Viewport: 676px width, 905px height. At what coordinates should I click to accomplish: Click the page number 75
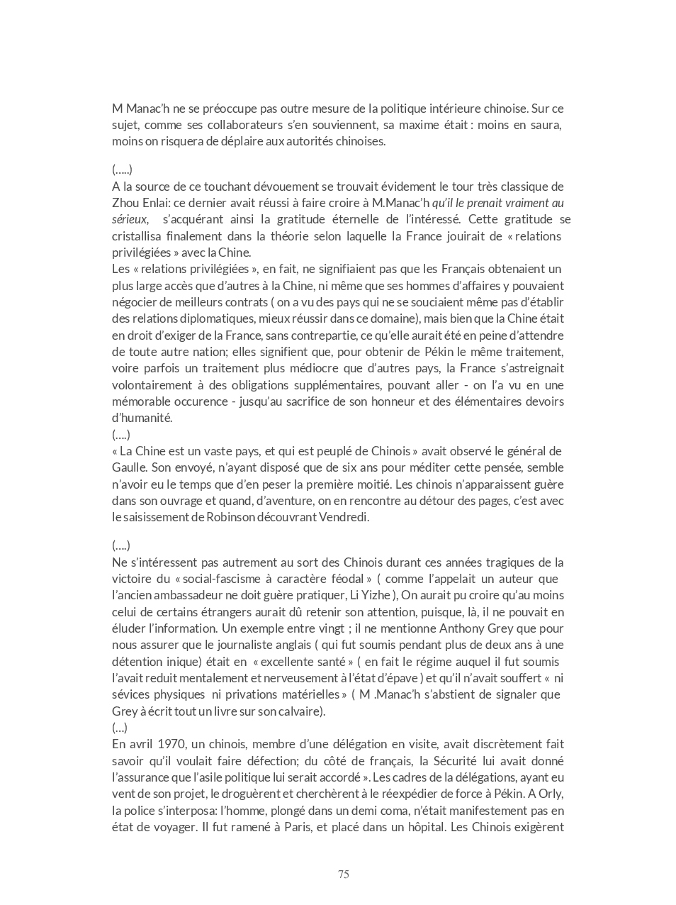pos(343,874)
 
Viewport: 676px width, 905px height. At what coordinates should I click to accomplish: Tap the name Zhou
pos(125,203)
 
